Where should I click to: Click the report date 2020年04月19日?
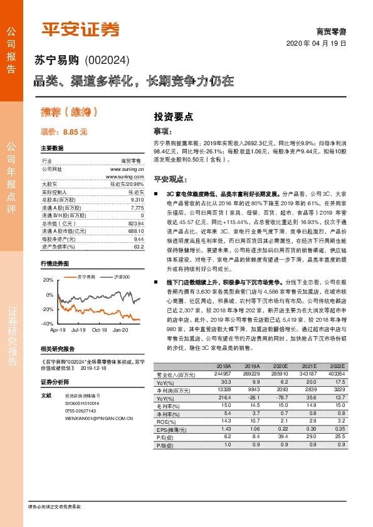tap(320, 43)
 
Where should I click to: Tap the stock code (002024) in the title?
tap(106, 61)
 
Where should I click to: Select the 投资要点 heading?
tap(173, 116)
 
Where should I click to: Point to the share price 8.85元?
tap(76, 133)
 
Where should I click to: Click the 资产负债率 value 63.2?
tap(139, 247)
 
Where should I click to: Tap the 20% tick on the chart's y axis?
tap(49, 280)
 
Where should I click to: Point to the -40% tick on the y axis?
tap(48, 324)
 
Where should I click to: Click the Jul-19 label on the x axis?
tap(78, 329)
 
